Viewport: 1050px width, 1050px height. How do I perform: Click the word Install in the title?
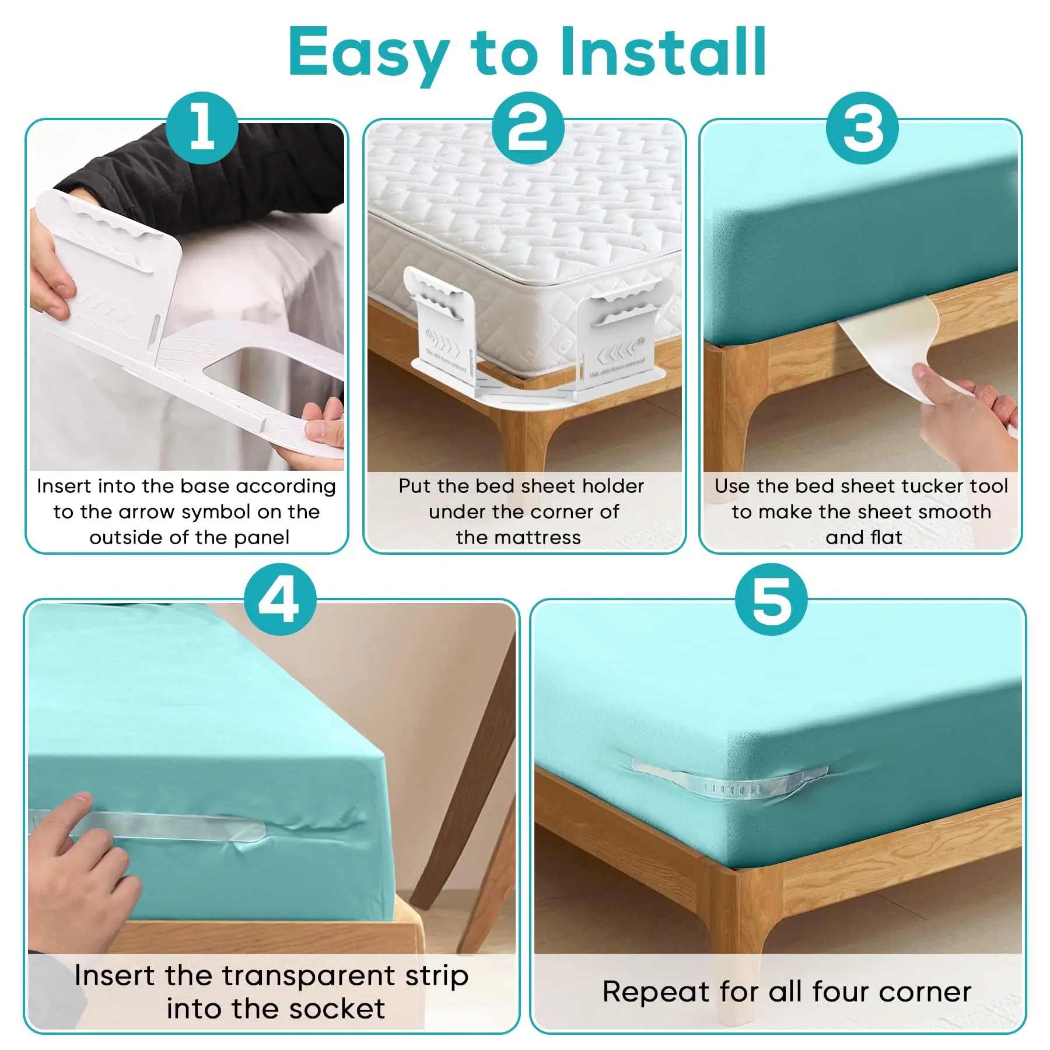[663, 52]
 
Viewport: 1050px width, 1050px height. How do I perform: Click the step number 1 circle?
[202, 128]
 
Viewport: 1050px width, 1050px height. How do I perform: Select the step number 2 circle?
[527, 128]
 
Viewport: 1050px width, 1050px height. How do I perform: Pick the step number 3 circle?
[862, 128]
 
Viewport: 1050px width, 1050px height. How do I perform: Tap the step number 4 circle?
[280, 599]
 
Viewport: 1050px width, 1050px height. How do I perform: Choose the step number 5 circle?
[771, 599]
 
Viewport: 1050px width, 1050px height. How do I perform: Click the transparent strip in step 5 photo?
[729, 779]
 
